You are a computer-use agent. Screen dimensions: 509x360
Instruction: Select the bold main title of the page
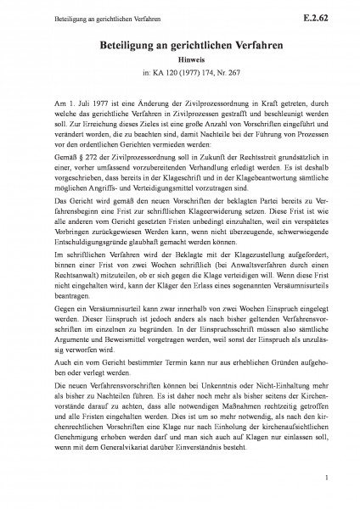pyautogui.click(x=179, y=44)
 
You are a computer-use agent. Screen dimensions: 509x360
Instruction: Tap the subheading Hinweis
pyautogui.click(x=179, y=61)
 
